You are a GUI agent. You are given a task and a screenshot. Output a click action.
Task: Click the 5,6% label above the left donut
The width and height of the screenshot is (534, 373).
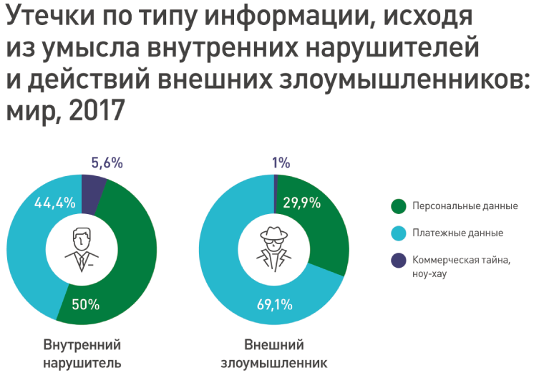107,163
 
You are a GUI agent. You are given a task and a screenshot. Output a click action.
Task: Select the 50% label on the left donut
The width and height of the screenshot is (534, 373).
86,304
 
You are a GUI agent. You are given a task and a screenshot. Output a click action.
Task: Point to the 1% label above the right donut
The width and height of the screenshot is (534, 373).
281,163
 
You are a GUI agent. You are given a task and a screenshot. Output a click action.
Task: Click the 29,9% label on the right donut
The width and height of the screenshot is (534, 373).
301,202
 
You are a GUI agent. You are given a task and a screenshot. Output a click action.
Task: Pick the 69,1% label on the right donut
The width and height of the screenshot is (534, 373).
275,304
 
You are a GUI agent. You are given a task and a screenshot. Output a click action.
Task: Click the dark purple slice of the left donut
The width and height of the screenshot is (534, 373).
92,191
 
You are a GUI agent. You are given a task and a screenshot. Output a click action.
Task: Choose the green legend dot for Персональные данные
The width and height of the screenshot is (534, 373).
399,206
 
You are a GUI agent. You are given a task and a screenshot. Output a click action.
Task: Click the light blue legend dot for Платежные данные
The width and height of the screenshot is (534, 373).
399,233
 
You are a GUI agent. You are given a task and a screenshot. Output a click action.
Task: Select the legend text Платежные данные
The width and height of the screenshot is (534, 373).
457,233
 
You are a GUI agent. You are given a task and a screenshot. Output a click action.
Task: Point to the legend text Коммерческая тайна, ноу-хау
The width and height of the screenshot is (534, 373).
461,266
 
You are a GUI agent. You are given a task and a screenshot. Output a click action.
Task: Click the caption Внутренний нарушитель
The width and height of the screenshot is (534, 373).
82,352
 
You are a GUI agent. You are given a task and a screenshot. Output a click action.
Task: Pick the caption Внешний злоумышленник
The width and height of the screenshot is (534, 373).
275,352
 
